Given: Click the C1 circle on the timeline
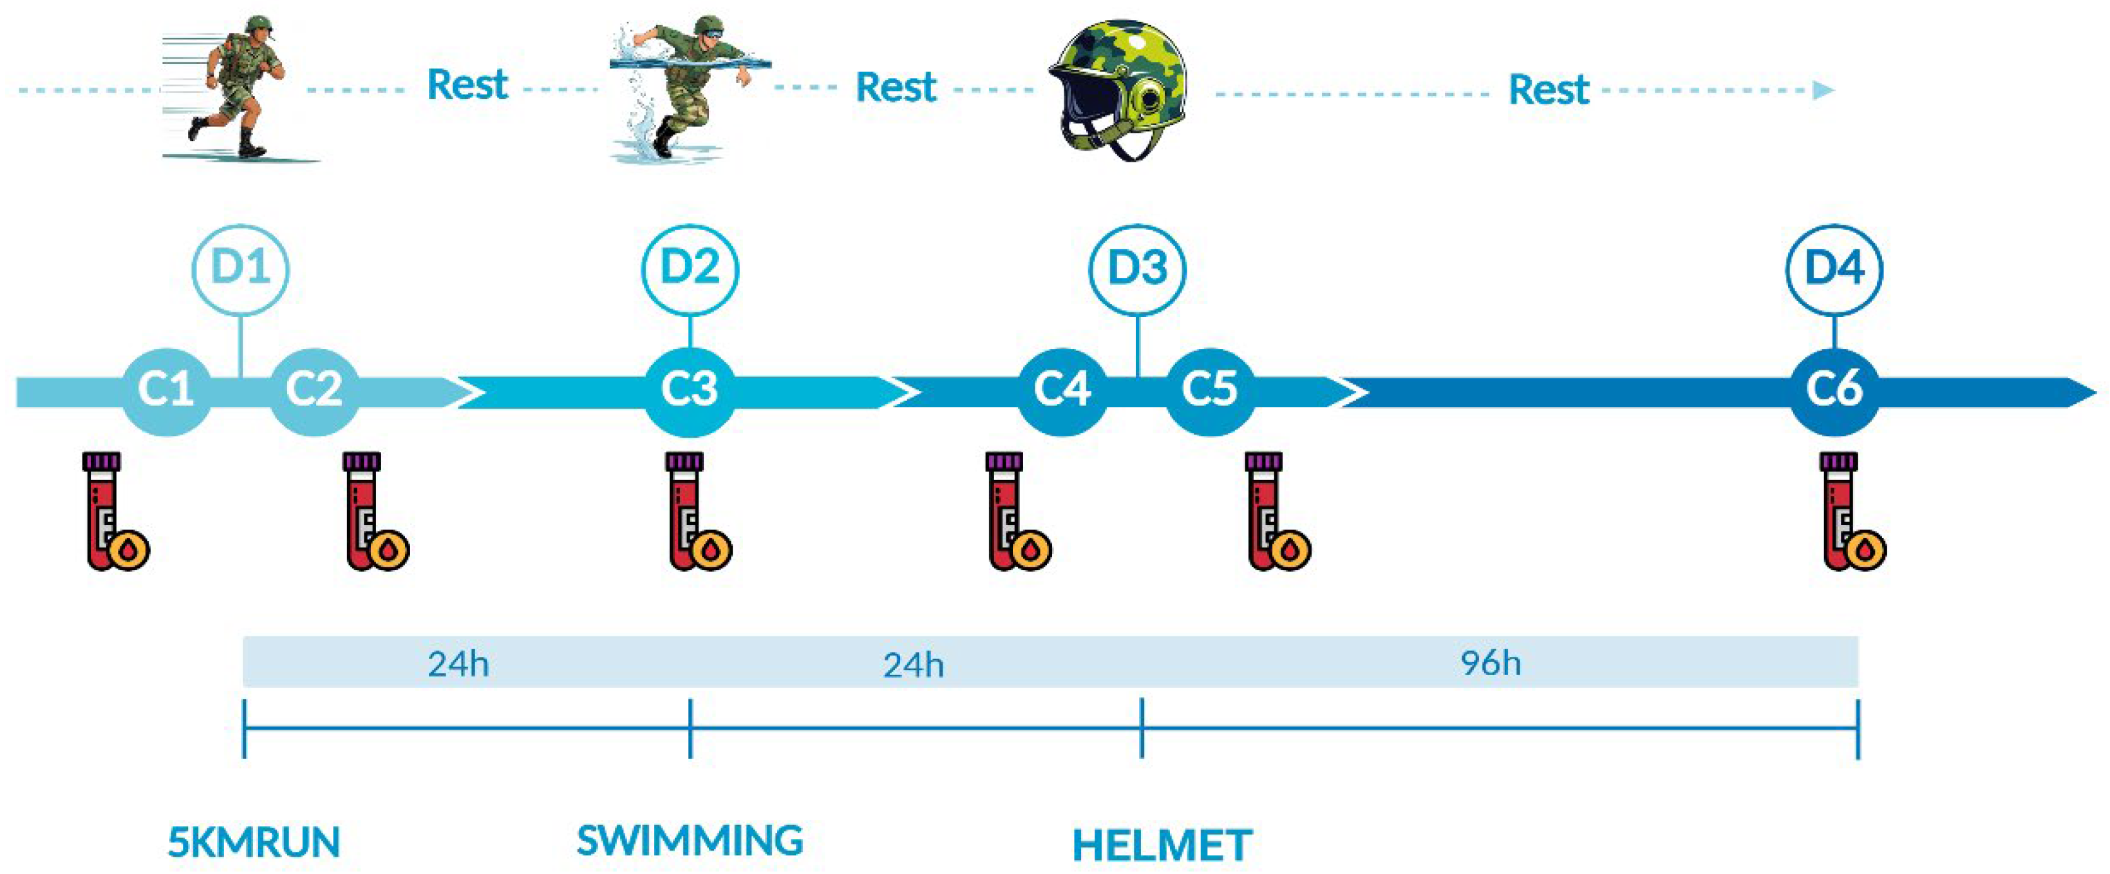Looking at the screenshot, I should (x=166, y=389).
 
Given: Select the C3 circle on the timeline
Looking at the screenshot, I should (x=689, y=389).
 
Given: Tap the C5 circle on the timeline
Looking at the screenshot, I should (x=1209, y=389).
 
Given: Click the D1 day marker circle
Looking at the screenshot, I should (x=240, y=269).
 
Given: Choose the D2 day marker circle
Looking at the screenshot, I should (x=690, y=269).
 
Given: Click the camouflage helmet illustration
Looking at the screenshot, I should (x=1118, y=90).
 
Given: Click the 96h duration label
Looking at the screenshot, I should (x=1491, y=663).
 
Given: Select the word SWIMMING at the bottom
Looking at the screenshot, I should (x=690, y=841).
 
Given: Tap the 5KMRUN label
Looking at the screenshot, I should (x=254, y=843).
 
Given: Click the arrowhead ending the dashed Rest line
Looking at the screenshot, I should (x=1823, y=90).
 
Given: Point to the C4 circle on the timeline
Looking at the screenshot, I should (x=1062, y=389).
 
